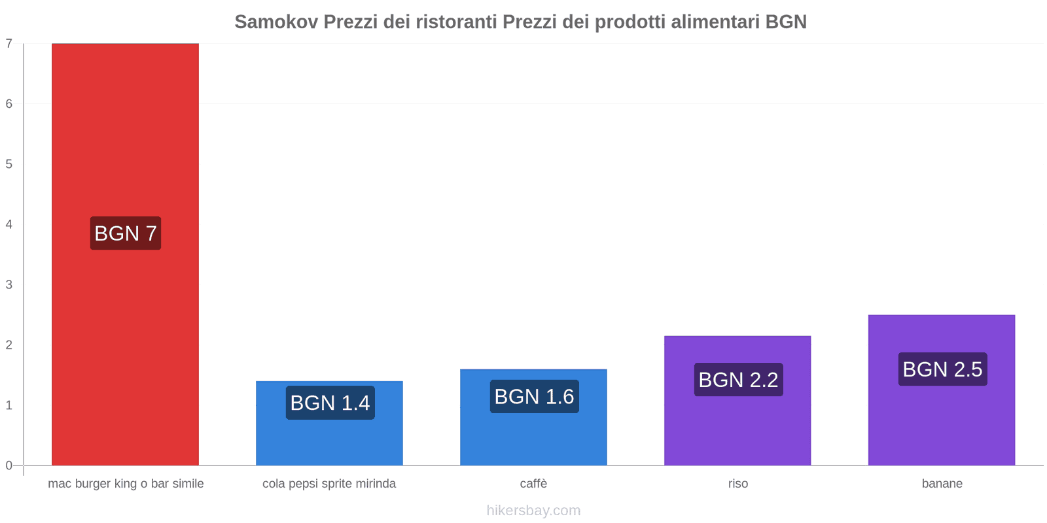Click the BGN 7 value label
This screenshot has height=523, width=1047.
126,233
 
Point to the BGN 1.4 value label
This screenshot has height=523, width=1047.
330,403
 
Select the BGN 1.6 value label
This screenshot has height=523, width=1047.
534,397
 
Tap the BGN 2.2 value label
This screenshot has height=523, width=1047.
738,380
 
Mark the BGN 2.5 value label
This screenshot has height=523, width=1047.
942,369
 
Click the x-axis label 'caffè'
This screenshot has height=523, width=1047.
533,484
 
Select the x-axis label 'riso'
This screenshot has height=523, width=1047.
737,484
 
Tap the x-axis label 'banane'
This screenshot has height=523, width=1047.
942,484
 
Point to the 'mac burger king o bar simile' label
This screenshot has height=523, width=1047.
126,484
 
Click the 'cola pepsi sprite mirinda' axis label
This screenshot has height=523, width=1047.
329,484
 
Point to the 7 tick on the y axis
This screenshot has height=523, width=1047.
9,44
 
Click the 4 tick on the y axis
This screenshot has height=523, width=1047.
9,224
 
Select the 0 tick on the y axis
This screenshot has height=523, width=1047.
9,465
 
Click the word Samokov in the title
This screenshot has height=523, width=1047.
276,22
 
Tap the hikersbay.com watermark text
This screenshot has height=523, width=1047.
533,511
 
